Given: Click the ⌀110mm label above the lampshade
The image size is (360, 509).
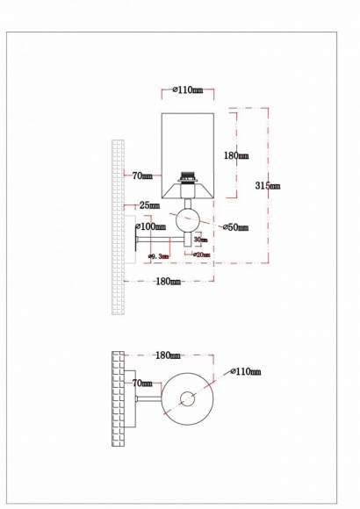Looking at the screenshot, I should pos(189,90).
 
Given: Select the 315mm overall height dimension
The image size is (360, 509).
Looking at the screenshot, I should pos(268,185).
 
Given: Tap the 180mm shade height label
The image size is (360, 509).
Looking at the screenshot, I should pos(236,155).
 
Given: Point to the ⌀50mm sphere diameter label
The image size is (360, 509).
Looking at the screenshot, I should pos(235,227).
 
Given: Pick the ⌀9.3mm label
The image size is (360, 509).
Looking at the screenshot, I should pos(158,255).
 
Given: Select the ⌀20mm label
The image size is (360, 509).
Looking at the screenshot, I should pos(203,255).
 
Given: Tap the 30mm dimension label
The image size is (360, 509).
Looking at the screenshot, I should pos(200,239).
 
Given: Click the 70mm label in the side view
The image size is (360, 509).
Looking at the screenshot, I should pos(142,176).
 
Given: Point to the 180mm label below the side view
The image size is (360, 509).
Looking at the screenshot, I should pos(169,282).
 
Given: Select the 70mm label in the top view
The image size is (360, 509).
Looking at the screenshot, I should pos(142,384).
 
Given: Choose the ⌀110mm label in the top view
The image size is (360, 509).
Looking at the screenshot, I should pos(248,372).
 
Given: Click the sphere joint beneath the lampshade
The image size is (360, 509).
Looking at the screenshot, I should pos(187,219).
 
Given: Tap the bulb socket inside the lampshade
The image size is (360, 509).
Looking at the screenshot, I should pos(187,186).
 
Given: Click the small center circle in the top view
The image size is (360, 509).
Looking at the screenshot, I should pos(189,398).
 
